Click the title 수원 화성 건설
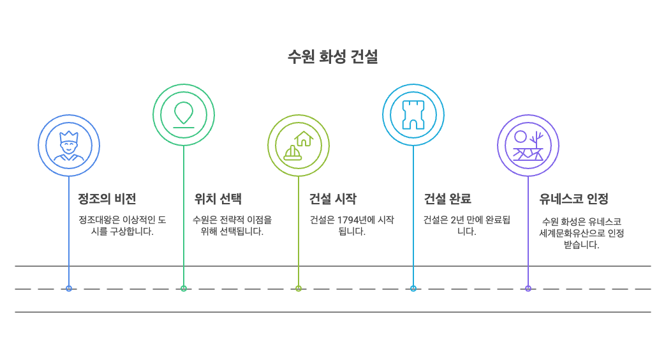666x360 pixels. pos(332,57)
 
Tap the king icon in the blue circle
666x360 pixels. pos(69,146)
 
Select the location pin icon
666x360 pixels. pos(184,114)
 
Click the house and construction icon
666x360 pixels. pos(299,146)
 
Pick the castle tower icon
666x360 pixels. pos(413,114)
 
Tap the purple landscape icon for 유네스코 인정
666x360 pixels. pos(528,146)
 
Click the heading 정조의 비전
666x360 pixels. pos(107,199)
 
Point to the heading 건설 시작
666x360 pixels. pos(332,199)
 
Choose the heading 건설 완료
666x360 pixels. pos(447,199)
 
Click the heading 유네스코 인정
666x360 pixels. pos(573,199)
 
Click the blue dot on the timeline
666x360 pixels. pos(69,289)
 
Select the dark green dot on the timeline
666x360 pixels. pos(184,289)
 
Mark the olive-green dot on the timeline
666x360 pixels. pos(299,289)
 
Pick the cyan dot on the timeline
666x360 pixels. pos(413,289)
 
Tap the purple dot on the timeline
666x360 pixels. pos(528,289)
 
